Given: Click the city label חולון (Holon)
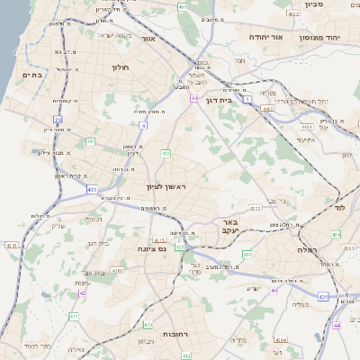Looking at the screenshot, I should point(121,67).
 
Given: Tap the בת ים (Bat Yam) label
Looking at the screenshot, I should point(31,76).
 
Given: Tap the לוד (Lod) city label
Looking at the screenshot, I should point(339,208).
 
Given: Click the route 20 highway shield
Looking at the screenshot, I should point(58,119).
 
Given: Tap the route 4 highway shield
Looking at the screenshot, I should point(143,125).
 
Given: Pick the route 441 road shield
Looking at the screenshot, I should point(90,141).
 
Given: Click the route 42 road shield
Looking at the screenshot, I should point(83,292).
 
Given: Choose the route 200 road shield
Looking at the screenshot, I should point(246,255).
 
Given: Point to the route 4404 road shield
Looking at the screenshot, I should point(280,341).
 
